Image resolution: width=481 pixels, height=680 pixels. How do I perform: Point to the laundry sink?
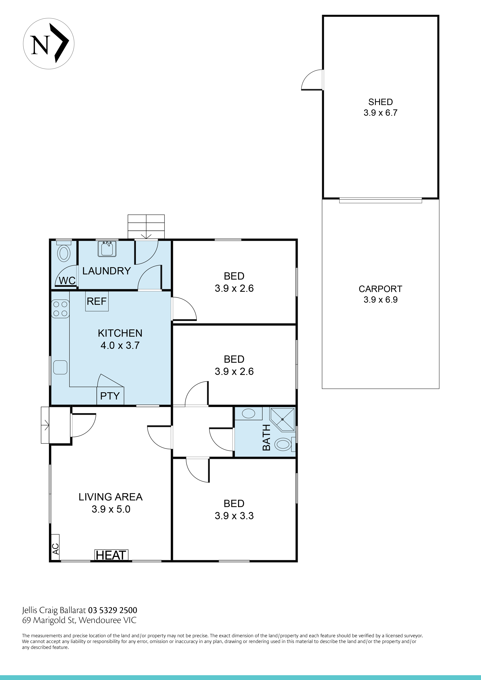point(107,249)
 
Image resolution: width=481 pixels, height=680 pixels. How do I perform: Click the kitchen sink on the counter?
point(60,367)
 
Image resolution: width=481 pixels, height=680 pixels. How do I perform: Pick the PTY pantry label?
point(110,396)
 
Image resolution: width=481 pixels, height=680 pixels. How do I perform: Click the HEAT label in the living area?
point(111,555)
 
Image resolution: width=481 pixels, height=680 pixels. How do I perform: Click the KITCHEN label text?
point(120,333)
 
